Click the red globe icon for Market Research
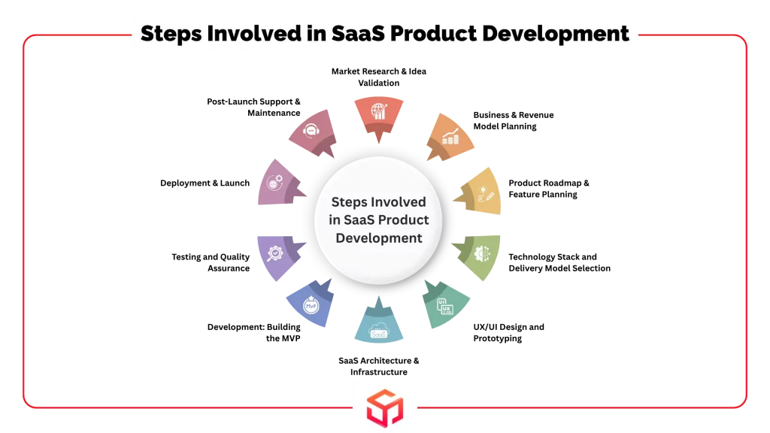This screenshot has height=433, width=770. [x=379, y=111]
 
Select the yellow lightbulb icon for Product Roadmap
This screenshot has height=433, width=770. [x=485, y=194]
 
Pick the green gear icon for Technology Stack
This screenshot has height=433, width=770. [x=482, y=253]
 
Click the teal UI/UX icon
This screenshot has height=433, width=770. [x=445, y=306]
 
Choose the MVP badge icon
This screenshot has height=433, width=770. [x=311, y=305]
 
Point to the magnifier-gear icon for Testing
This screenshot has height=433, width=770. [x=274, y=253]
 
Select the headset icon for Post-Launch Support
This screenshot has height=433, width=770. [x=311, y=131]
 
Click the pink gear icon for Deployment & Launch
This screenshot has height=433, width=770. [x=274, y=183]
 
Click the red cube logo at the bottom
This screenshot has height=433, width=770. [x=385, y=408]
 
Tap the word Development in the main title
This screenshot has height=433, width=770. [x=556, y=33]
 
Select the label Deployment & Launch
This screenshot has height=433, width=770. [x=205, y=183]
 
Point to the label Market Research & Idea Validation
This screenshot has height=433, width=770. [x=379, y=77]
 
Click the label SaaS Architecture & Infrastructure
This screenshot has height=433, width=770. [x=379, y=366]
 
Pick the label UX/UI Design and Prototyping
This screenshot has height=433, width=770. [x=509, y=332]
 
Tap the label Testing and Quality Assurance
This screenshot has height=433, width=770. [x=211, y=262]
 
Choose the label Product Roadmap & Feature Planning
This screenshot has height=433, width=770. [x=548, y=189]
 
